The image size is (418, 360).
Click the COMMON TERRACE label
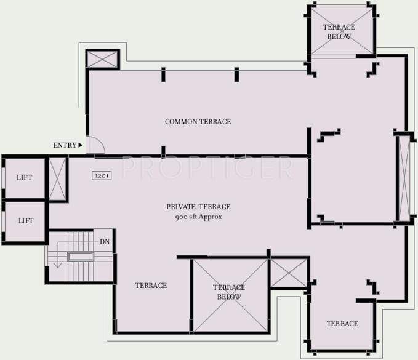198,122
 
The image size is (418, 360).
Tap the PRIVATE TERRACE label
198,207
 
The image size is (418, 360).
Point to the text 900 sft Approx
198,217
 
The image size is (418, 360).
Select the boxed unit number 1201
102,175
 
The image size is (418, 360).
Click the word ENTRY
64,145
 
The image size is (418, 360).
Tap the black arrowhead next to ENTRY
81,145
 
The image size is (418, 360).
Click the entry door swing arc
97,145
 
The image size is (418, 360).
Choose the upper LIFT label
25,178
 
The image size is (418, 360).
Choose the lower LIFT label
25,220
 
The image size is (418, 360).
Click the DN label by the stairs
104,241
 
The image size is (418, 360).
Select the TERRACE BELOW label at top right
339,32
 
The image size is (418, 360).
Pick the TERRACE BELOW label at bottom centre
229,292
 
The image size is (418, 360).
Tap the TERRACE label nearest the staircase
151,286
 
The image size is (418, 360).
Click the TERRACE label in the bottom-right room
342,324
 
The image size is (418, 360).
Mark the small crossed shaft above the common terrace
102,59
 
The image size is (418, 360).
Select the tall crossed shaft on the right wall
403,177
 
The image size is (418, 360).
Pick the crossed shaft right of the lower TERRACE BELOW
287,273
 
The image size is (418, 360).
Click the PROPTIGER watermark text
206,167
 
